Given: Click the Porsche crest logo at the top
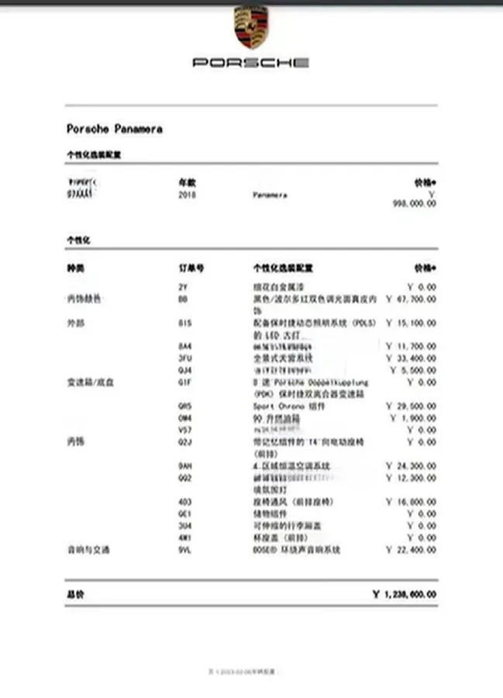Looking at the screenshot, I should click(250, 28).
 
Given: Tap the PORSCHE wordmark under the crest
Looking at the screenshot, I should click(250, 62).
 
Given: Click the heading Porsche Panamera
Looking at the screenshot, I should click(114, 129).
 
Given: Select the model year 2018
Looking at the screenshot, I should click(188, 195).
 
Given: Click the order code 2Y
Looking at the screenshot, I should click(183, 287).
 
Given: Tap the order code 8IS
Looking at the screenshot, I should click(184, 323).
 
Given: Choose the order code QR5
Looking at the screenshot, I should click(184, 406).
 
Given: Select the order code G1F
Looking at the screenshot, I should click(184, 382).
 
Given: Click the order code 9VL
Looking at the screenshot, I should click(184, 550).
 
